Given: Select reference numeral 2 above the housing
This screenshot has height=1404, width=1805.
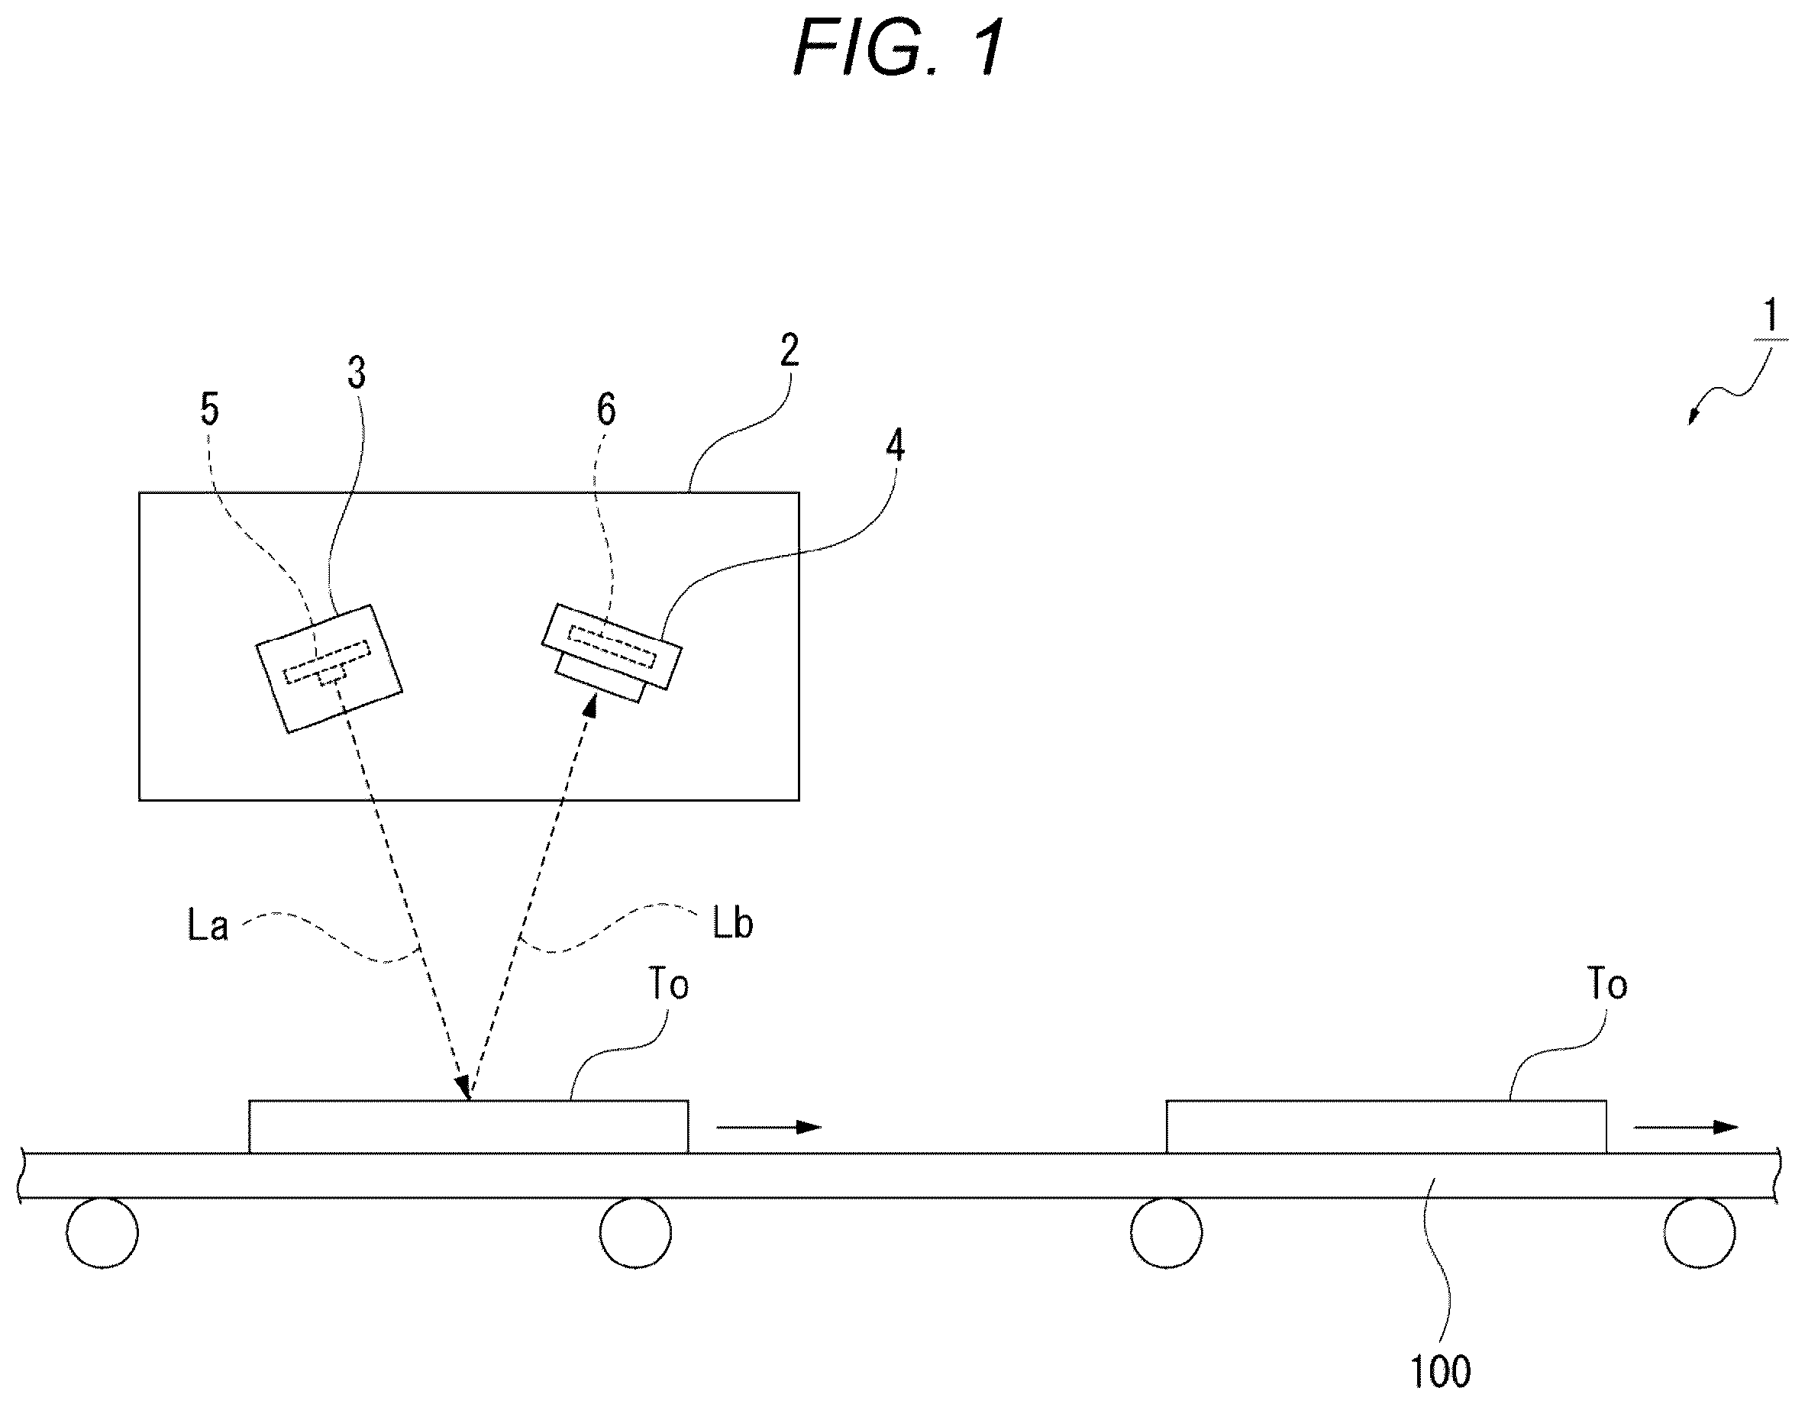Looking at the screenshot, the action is click(x=789, y=350).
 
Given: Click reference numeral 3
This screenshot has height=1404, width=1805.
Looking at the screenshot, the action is click(x=357, y=373).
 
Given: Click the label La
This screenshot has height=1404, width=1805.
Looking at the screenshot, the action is click(x=208, y=925).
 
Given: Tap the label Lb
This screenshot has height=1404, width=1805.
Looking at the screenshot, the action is click(x=732, y=923).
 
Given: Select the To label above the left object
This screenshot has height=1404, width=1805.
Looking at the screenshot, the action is click(x=669, y=984).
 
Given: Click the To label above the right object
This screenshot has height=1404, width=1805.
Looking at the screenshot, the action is click(x=1607, y=984).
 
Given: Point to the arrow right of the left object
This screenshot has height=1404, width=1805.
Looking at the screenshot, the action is click(x=769, y=1126).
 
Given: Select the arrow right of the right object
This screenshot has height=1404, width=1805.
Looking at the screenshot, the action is click(x=1687, y=1126).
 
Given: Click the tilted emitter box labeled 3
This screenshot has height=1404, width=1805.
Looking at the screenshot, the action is click(x=329, y=669).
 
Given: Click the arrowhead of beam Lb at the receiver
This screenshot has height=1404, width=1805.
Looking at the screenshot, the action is click(x=589, y=705).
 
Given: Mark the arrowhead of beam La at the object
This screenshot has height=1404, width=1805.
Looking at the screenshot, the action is click(x=463, y=1087).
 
